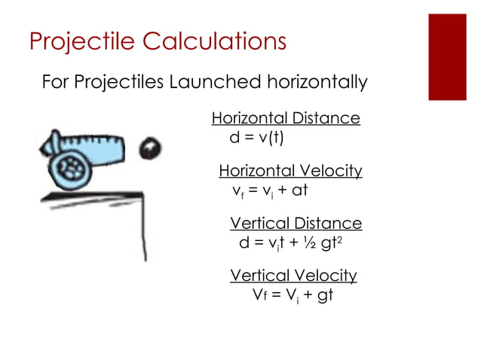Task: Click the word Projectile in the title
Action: point(76,41)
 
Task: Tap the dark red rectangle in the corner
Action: point(447,56)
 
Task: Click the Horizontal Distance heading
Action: point(285,118)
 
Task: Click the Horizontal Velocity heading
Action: point(290,171)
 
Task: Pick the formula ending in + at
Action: point(270,191)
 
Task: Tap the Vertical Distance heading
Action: point(296,224)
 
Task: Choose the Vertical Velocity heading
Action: point(293,275)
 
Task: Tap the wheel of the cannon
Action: point(72,166)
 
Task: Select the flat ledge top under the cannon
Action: point(90,194)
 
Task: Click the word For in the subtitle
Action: point(55,81)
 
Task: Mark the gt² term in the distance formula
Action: point(330,243)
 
